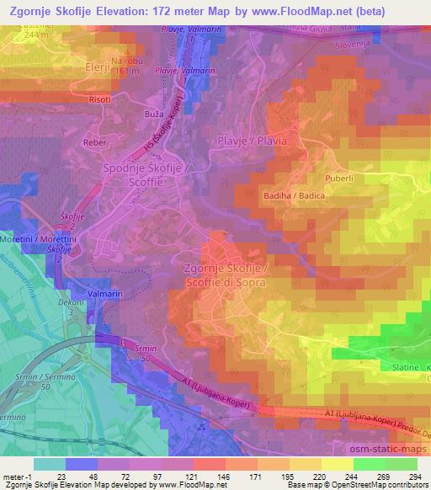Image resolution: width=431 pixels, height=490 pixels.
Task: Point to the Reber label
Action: [95, 143]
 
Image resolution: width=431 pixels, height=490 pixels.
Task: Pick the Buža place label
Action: [154, 111]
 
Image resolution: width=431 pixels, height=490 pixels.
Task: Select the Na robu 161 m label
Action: [130, 65]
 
